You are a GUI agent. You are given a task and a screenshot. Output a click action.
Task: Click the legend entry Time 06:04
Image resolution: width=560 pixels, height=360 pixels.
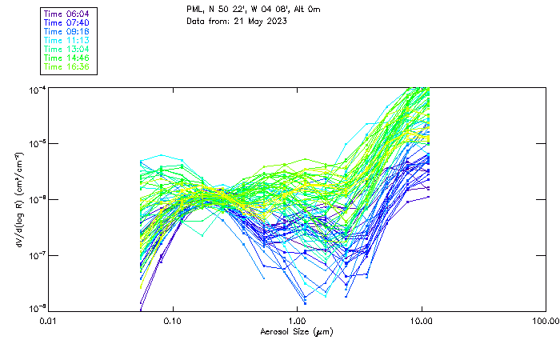tap(67, 14)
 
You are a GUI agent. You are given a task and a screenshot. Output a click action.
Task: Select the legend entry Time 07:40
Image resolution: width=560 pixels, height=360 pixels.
tap(67, 22)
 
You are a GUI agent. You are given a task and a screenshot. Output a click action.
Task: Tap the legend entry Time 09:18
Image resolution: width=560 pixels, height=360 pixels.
tap(67, 31)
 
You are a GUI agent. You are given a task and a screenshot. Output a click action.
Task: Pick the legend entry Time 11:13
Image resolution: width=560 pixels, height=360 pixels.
tap(67, 40)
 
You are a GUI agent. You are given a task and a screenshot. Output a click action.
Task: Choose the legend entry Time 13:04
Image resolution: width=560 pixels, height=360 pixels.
tap(67, 49)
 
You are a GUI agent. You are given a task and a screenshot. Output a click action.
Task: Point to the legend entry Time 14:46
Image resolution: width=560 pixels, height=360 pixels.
tap(67, 58)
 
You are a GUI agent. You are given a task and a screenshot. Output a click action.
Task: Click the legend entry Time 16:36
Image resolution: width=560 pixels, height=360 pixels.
tap(67, 66)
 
